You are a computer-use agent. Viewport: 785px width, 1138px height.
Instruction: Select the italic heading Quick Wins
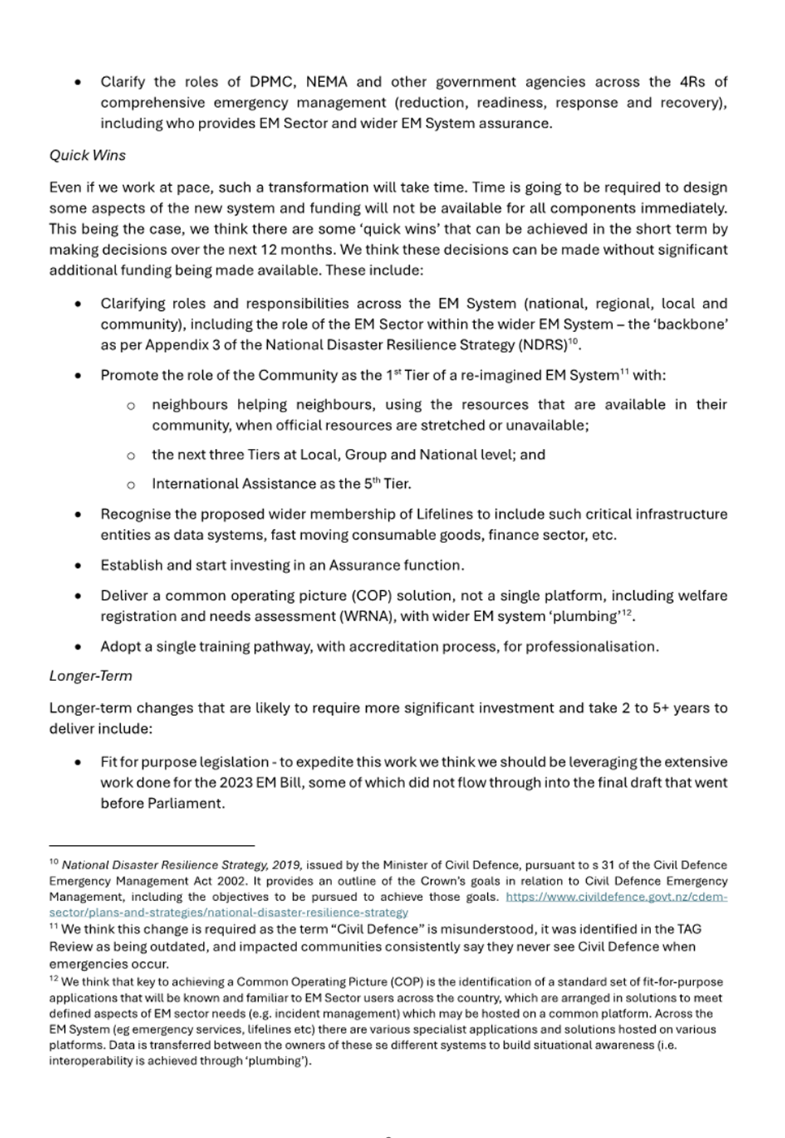87,155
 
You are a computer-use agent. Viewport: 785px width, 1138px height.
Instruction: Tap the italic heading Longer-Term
90,675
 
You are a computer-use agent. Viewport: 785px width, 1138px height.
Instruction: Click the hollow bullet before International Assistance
130,485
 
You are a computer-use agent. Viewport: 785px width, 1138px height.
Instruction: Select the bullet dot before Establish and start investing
77,566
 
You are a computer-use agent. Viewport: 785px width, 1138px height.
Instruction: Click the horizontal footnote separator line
152,845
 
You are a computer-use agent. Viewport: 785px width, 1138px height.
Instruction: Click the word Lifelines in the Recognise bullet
448,515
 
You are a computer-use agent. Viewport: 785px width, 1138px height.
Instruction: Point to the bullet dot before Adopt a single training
77,647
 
